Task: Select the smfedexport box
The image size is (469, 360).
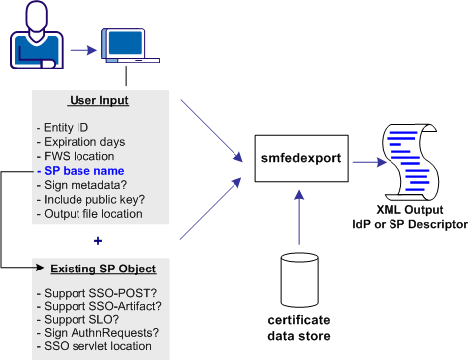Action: pyautogui.click(x=295, y=156)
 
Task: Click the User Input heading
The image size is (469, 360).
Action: pyautogui.click(x=98, y=101)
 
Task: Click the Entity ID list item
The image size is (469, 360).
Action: pyautogui.click(x=66, y=129)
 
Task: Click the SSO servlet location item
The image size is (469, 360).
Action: pyautogui.click(x=95, y=346)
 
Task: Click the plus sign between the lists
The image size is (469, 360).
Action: pyautogui.click(x=97, y=240)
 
